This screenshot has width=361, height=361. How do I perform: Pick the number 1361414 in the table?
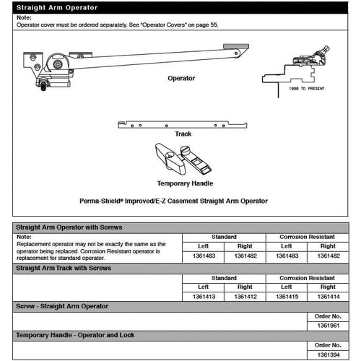329,296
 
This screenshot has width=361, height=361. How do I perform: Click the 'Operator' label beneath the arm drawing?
181,78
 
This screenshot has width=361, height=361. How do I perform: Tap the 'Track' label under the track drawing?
183,134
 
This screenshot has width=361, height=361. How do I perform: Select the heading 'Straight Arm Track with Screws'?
63,268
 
